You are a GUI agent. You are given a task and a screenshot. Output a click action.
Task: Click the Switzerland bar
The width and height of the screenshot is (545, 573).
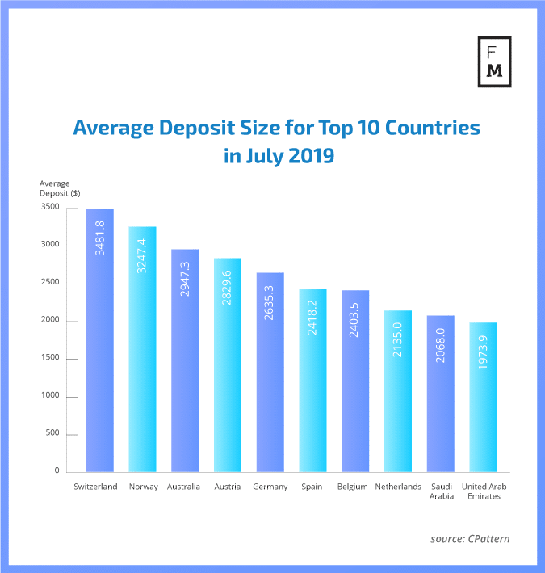[x=100, y=340]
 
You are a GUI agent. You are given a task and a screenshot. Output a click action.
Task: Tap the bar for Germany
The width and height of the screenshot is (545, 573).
[x=270, y=372]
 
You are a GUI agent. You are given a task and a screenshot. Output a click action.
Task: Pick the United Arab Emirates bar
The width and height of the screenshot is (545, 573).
[x=483, y=397]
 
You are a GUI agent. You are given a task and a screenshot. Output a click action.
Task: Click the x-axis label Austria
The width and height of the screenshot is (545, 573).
[x=228, y=487]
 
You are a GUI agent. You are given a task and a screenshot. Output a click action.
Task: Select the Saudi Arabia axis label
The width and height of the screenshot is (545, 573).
[x=440, y=491]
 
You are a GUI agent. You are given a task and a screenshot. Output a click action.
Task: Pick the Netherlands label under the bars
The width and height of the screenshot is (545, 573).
[x=398, y=487]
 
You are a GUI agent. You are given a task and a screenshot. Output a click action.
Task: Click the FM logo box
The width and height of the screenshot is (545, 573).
[x=495, y=61]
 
